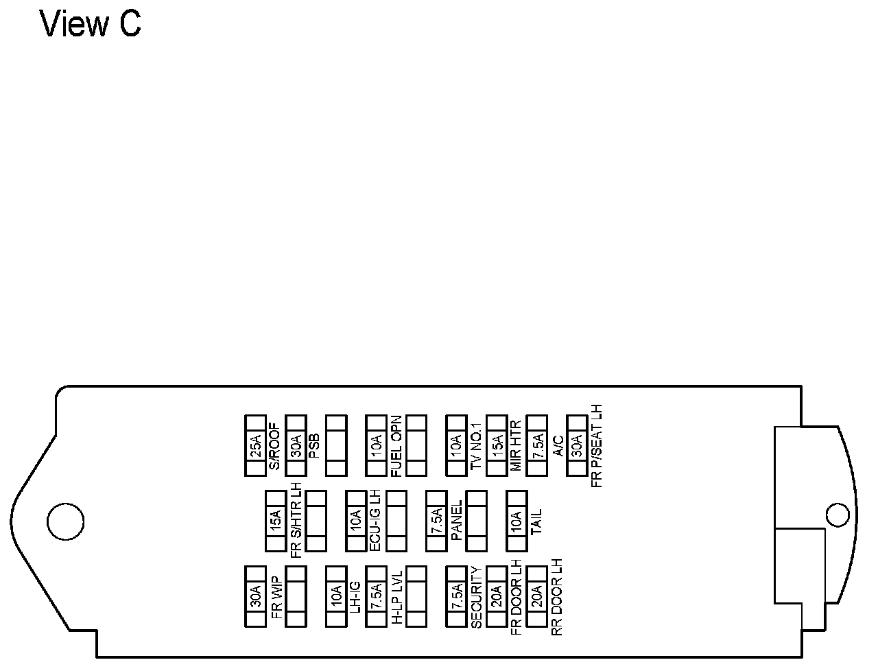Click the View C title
[91, 24]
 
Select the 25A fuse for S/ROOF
[255, 445]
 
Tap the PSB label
[313, 446]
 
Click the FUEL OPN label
[396, 446]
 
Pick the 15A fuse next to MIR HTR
[497, 445]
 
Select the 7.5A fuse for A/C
[537, 445]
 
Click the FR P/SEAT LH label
[597, 446]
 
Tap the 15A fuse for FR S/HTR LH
[276, 521]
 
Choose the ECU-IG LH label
[375, 521]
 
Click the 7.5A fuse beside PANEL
[436, 521]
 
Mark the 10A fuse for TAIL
[517, 521]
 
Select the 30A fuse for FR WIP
[255, 596]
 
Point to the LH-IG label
[355, 596]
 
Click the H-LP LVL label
[396, 596]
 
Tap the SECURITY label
[477, 596]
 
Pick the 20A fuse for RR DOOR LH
[537, 596]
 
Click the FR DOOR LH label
[517, 596]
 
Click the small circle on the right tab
[838, 515]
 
